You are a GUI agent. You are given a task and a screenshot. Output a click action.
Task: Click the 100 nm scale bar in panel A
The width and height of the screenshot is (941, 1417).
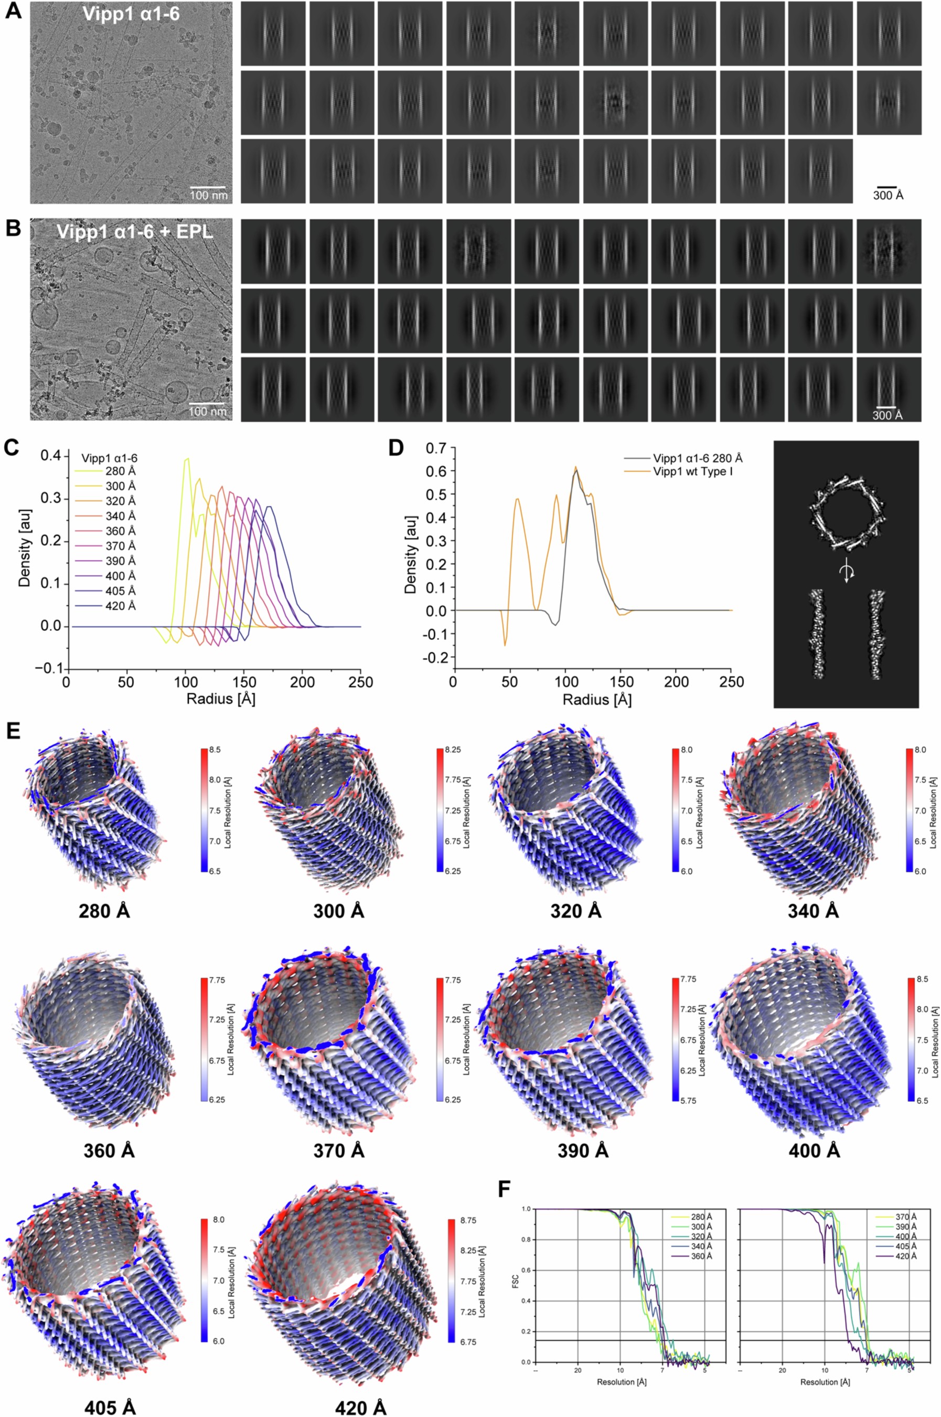click(x=208, y=187)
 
